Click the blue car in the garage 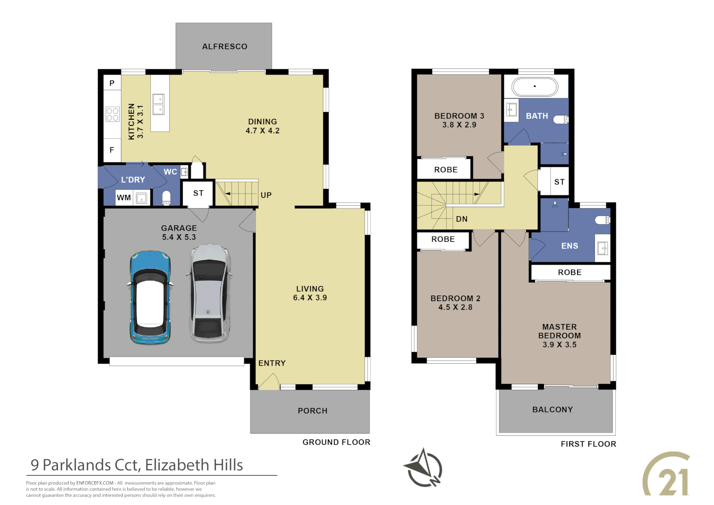(x=150, y=297)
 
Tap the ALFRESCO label (x=224, y=46)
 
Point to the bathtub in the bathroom (x=535, y=87)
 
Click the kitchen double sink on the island (x=158, y=104)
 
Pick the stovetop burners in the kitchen (x=112, y=114)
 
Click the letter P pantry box (x=112, y=83)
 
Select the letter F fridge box (x=112, y=150)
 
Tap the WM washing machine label (x=123, y=198)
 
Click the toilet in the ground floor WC (x=166, y=198)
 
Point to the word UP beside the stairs (x=266, y=195)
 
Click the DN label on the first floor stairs (x=461, y=219)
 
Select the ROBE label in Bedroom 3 (x=445, y=170)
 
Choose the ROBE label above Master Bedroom (x=569, y=272)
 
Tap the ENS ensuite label (x=569, y=246)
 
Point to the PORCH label (x=312, y=411)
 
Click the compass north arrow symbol (x=423, y=468)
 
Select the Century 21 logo (x=667, y=475)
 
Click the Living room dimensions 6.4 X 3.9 (x=309, y=298)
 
